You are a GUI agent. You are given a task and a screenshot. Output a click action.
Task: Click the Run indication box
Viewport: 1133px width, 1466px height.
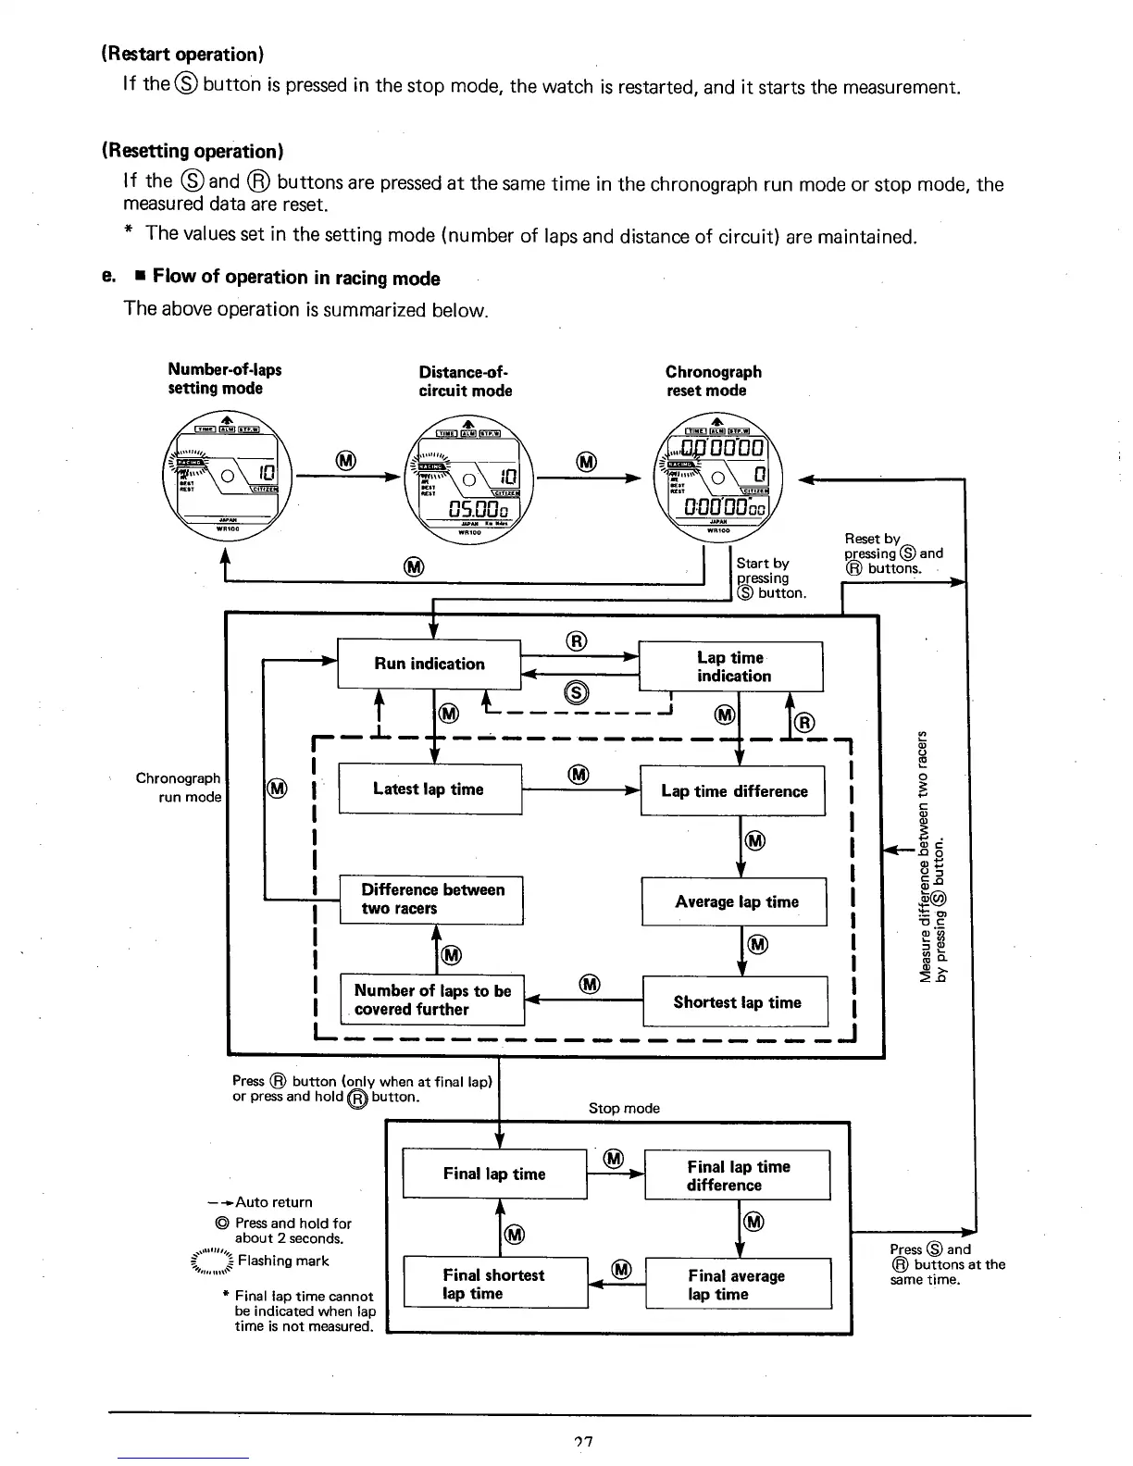[x=429, y=664]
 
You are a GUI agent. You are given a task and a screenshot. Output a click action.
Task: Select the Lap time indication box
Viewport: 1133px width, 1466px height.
[x=730, y=666]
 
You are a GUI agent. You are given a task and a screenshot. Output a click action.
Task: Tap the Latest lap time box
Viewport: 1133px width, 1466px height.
[x=430, y=789]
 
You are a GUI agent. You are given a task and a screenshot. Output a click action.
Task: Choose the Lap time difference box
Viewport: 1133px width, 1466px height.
[x=732, y=791]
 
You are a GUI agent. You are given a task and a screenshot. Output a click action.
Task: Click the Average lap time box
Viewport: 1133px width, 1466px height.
[x=734, y=901]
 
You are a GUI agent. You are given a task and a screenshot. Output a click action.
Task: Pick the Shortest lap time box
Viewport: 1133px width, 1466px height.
[x=735, y=1001]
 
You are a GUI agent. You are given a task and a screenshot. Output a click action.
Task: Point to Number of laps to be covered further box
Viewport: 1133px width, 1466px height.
[x=432, y=1000]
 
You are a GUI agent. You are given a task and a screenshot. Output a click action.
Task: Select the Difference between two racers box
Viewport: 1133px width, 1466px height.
[x=431, y=900]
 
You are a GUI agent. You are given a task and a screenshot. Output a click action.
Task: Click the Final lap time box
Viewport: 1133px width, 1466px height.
[x=494, y=1174]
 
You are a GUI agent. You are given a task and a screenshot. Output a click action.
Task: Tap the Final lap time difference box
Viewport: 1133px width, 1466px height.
[x=737, y=1175]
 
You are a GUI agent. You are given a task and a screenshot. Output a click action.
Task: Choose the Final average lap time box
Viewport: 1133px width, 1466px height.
[x=738, y=1284]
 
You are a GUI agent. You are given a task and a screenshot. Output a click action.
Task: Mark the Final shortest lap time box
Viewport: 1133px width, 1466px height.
[x=495, y=1283]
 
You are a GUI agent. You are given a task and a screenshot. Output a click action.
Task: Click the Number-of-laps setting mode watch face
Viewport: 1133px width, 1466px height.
[x=227, y=478]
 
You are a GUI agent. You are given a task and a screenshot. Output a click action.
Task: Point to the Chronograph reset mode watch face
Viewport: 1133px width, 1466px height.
[x=724, y=479]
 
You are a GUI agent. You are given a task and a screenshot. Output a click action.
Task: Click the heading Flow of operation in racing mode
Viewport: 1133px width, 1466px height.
[x=296, y=278]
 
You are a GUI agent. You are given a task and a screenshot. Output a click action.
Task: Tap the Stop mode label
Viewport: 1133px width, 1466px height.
[x=624, y=1108]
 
